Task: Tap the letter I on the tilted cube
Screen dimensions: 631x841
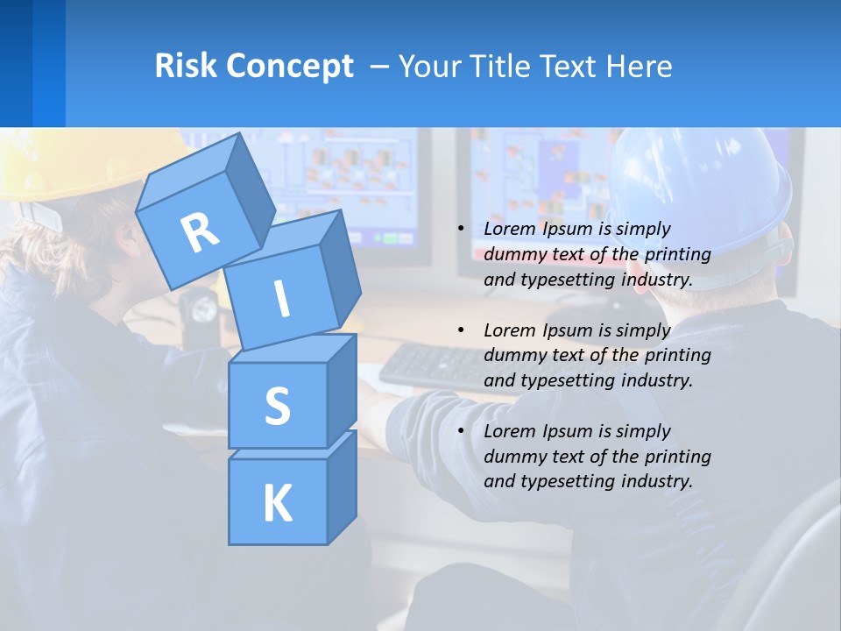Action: [x=281, y=298]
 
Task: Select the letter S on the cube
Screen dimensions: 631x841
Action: [x=277, y=406]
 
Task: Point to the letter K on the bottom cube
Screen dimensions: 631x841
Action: [x=277, y=504]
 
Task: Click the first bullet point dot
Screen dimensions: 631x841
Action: [x=461, y=229]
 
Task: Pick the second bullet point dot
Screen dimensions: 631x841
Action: [x=461, y=330]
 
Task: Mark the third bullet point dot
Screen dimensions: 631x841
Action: [x=461, y=431]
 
